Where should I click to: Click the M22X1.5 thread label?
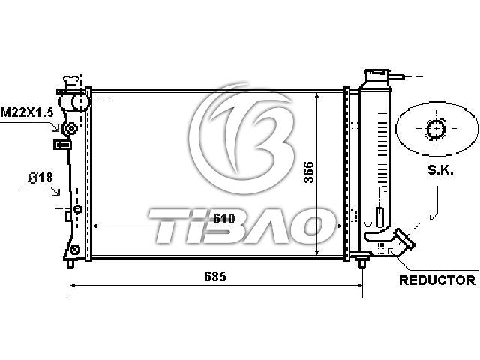click(27, 112)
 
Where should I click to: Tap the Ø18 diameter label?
click(40, 178)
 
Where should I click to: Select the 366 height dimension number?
click(308, 172)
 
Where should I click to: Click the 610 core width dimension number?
click(224, 218)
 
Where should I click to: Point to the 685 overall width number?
click(215, 277)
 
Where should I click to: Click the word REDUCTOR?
click(437, 280)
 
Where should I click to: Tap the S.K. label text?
click(440, 170)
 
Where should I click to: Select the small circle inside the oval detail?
click(436, 129)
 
